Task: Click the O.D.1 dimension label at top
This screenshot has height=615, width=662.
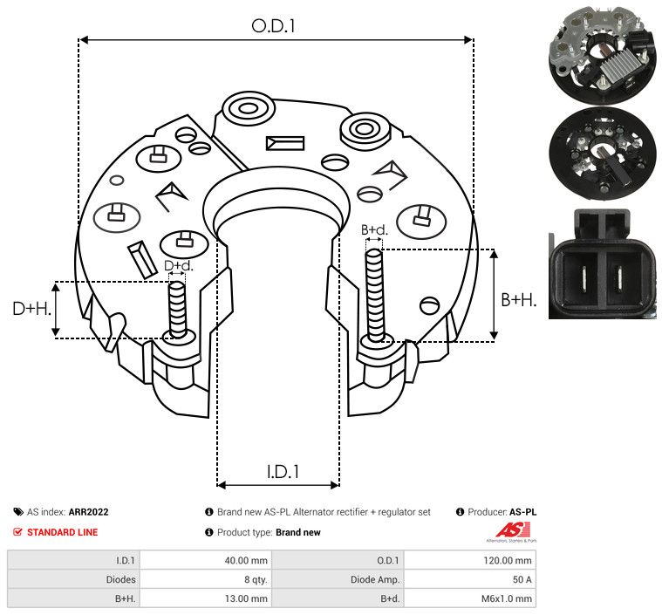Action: [x=273, y=26]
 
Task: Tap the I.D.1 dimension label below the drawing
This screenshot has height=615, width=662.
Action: [x=283, y=471]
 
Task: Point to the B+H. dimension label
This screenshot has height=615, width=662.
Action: [x=519, y=299]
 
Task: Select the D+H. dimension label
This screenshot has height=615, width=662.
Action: [x=31, y=309]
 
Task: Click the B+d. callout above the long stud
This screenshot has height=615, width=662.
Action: [x=374, y=229]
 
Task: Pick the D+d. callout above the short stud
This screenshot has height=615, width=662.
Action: [x=178, y=266]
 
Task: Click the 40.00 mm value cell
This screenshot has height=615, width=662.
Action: [x=246, y=561]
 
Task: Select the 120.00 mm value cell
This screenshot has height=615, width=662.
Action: [x=508, y=561]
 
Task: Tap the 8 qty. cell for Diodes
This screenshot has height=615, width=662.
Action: [x=256, y=579]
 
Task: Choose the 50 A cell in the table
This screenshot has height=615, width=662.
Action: [x=522, y=579]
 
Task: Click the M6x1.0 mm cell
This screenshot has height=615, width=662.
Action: [x=507, y=598]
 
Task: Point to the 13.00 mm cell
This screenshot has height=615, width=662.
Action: [x=246, y=598]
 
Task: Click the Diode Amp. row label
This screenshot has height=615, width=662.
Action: [x=375, y=579]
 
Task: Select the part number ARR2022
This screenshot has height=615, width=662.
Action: [x=89, y=512]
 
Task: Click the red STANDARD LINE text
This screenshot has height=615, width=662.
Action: [x=63, y=532]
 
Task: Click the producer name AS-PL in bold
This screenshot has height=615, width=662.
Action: [x=522, y=512]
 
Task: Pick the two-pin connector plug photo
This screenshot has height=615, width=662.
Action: [x=603, y=264]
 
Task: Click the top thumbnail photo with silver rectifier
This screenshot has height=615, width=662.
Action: [x=602, y=54]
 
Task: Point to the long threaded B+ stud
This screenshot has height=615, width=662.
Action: [x=374, y=295]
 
